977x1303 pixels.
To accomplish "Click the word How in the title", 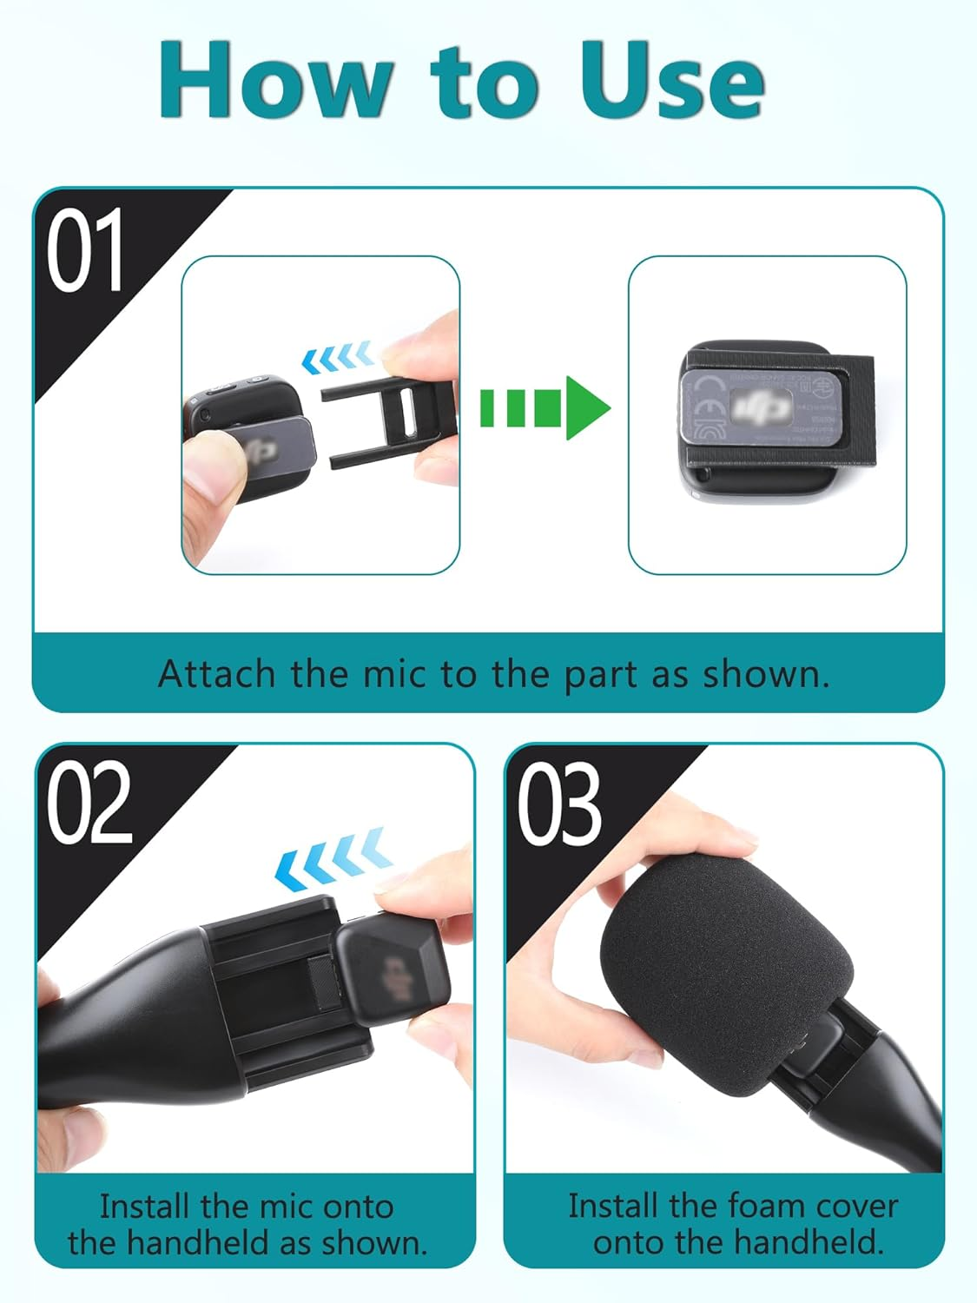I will tap(276, 81).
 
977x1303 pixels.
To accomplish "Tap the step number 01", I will tap(84, 252).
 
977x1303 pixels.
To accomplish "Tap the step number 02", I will tap(89, 804).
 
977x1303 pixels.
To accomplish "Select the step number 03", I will tap(559, 804).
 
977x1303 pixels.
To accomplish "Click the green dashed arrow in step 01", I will tap(545, 407).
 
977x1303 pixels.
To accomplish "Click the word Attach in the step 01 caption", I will tap(217, 674).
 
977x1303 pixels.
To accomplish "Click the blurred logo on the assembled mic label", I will tap(760, 407).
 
